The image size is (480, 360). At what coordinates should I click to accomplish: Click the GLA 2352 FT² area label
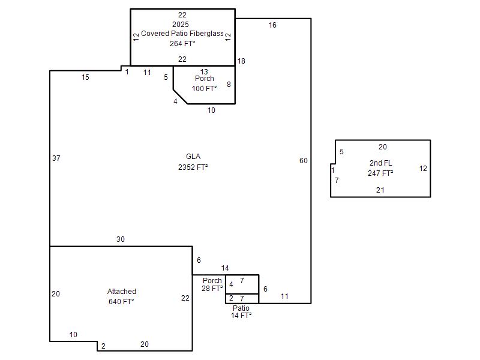pyautogui.click(x=193, y=161)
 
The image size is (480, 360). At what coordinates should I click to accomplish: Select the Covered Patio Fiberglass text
pyautogui.click(x=182, y=34)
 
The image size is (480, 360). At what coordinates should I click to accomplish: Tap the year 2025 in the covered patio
pyautogui.click(x=181, y=25)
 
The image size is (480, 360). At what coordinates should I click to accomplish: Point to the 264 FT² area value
pyautogui.click(x=182, y=44)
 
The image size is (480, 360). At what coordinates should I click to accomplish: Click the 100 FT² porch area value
pyautogui.click(x=204, y=89)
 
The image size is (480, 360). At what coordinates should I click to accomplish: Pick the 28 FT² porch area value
pyautogui.click(x=212, y=289)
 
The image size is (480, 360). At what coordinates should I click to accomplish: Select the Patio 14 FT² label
pyautogui.click(x=241, y=311)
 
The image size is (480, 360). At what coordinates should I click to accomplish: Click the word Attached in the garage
pyautogui.click(x=122, y=292)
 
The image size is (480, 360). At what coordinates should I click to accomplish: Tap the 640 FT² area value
pyautogui.click(x=121, y=302)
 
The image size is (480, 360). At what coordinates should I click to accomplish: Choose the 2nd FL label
pyautogui.click(x=380, y=163)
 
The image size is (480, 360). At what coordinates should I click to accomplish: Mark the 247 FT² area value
pyautogui.click(x=380, y=173)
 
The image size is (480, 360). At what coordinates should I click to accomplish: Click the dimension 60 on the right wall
pyautogui.click(x=304, y=161)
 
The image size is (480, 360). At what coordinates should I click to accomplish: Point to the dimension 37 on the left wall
pyautogui.click(x=56, y=158)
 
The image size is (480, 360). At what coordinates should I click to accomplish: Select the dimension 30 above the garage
pyautogui.click(x=121, y=239)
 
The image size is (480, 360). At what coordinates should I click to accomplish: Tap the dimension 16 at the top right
pyautogui.click(x=272, y=25)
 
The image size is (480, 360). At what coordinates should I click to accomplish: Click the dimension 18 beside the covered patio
pyautogui.click(x=241, y=61)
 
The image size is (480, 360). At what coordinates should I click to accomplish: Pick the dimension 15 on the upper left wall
pyautogui.click(x=85, y=77)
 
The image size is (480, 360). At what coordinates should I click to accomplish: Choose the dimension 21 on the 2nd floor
pyautogui.click(x=380, y=190)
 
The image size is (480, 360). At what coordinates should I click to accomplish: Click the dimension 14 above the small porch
pyautogui.click(x=225, y=268)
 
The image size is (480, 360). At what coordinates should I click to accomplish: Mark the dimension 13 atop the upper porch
pyautogui.click(x=204, y=72)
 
